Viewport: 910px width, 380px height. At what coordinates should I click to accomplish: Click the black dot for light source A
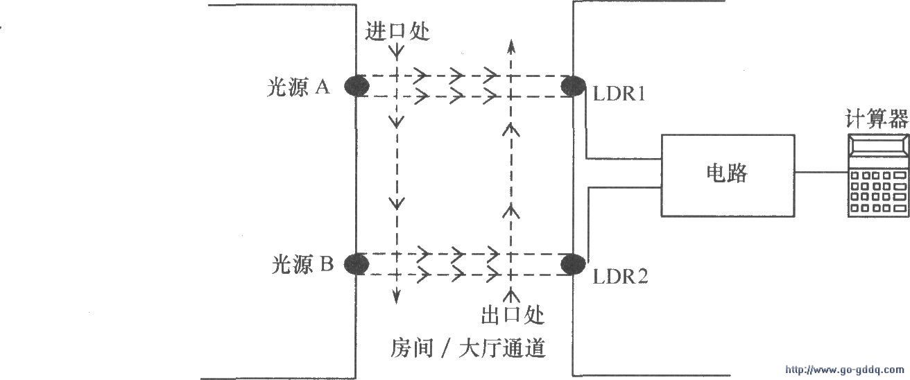click(357, 85)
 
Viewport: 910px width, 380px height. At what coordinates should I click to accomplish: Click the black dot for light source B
click(357, 264)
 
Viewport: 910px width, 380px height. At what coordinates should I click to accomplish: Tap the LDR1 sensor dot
click(573, 85)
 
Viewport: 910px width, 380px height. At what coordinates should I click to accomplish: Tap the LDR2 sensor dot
click(573, 264)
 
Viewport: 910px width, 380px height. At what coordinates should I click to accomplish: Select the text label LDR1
click(619, 94)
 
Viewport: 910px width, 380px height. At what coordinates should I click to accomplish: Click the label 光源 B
click(302, 265)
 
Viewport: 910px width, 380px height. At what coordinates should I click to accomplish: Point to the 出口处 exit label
click(513, 316)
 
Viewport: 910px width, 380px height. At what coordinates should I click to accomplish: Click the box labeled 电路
click(727, 173)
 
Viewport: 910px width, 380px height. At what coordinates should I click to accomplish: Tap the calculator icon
click(878, 176)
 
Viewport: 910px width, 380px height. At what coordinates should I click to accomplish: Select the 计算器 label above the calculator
click(877, 119)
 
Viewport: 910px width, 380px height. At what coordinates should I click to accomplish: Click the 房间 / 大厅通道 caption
click(468, 347)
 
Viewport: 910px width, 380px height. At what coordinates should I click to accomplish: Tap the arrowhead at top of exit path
click(512, 46)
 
